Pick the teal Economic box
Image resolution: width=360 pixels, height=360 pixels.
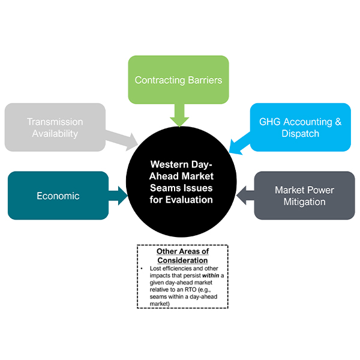tap(58, 196)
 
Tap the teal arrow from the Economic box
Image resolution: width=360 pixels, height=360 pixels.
tap(119, 195)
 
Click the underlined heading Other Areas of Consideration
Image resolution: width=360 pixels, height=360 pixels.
tap(182, 256)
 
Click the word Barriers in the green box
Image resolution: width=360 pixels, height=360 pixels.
tap(203, 80)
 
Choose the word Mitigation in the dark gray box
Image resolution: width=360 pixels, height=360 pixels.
tap(304, 202)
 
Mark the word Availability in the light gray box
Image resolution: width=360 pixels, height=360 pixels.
tap(55, 133)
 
